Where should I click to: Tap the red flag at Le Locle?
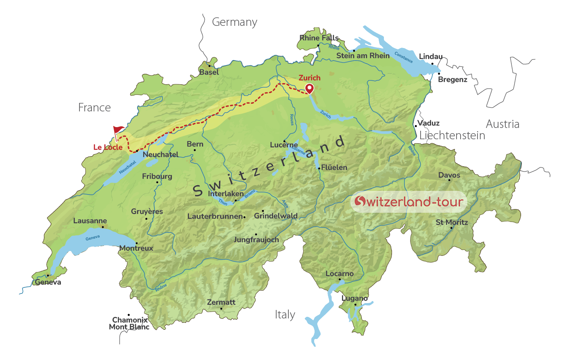tap(118, 130)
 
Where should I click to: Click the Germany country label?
tap(234, 22)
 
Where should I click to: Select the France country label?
tap(94, 108)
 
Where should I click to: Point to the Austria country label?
tap(502, 124)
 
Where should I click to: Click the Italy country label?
tap(285, 315)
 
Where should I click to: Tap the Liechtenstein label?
tap(452, 136)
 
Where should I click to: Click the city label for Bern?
tap(195, 144)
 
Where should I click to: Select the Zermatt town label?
tap(221, 302)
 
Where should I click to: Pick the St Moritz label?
tap(452, 222)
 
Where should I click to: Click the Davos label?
tap(449, 175)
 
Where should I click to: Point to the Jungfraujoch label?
tap(256, 240)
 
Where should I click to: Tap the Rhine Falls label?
tap(319, 38)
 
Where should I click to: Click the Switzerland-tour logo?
tap(409, 201)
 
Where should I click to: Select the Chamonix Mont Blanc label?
tap(129, 324)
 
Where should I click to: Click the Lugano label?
tap(354, 298)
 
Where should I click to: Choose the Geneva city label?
tap(48, 282)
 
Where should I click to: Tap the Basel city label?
tap(209, 72)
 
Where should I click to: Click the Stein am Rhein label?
tap(363, 56)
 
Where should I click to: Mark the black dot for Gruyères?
tap(146, 219)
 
